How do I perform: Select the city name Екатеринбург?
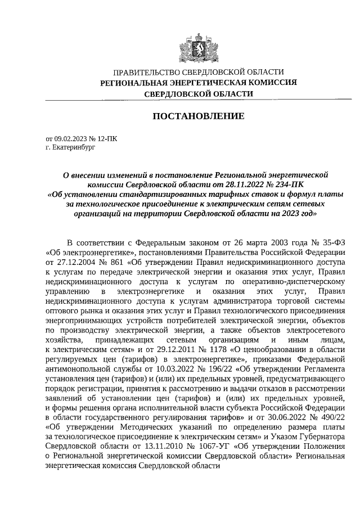click(x=75, y=148)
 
